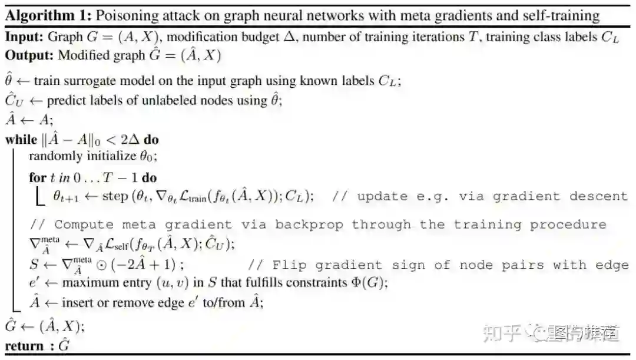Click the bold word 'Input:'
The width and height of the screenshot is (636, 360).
click(x=24, y=37)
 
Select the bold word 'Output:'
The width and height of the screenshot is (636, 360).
click(x=28, y=55)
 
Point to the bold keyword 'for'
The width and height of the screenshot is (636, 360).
click(x=37, y=177)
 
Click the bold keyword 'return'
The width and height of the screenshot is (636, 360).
click(x=24, y=346)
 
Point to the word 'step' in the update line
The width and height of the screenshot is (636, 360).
click(x=115, y=197)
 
